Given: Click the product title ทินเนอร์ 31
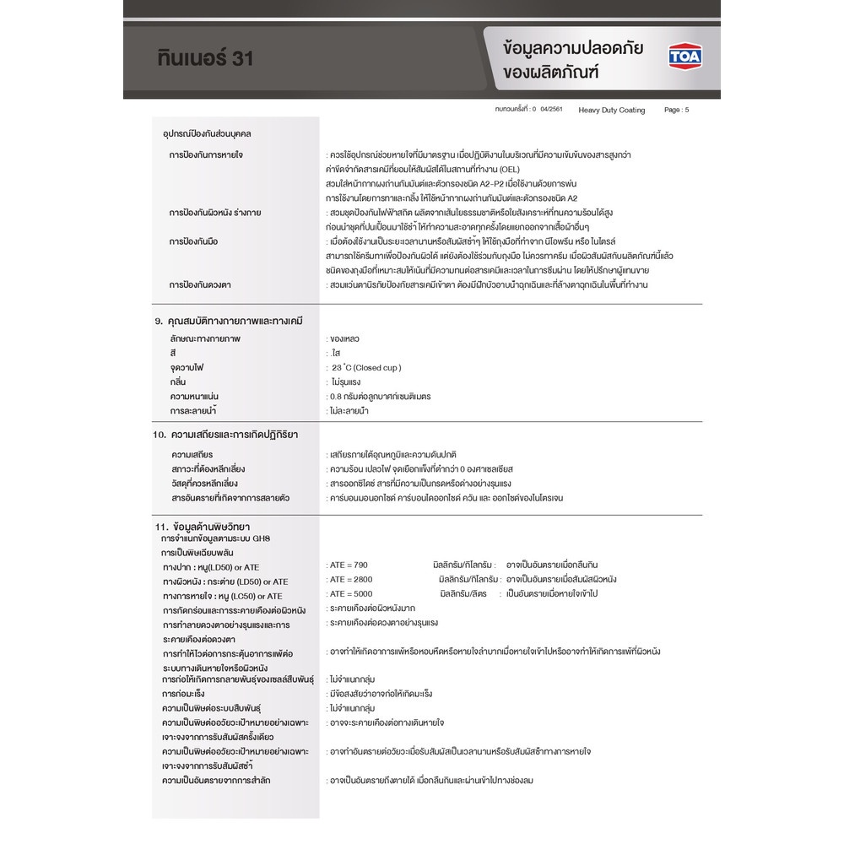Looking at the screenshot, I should click(x=205, y=58).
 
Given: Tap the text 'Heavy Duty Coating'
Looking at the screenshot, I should click(x=612, y=111).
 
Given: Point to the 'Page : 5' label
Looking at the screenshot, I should click(x=677, y=111).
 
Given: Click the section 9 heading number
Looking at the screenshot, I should click(x=158, y=322).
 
